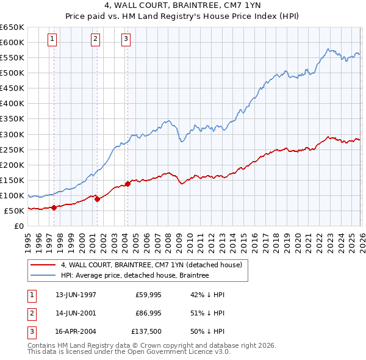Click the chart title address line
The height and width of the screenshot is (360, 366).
click(182, 5)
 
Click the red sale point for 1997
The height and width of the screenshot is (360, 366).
click(54, 207)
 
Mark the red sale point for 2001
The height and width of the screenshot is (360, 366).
click(98, 199)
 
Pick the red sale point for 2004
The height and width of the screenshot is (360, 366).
click(127, 184)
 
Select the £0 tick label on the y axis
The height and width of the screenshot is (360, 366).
click(18, 226)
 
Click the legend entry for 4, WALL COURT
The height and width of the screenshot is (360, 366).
click(151, 265)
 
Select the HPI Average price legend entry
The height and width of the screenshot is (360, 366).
click(134, 276)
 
